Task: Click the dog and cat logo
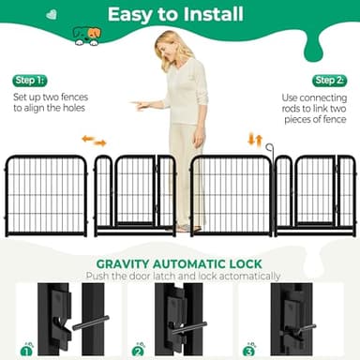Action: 86,36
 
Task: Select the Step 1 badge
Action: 29,81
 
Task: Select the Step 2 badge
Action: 329,81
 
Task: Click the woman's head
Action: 174,45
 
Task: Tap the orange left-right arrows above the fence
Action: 94,141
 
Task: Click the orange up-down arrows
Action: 254,140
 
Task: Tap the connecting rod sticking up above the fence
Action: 269,147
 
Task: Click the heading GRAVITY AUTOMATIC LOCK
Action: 178,263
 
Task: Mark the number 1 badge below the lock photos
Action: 27,349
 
